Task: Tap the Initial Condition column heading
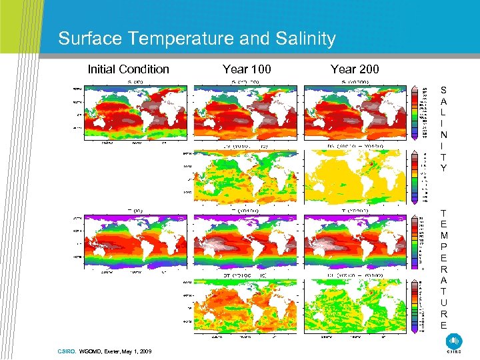(x=129, y=69)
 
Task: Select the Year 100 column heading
(x=245, y=69)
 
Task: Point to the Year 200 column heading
(x=355, y=69)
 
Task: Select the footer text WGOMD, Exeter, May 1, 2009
(x=115, y=350)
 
